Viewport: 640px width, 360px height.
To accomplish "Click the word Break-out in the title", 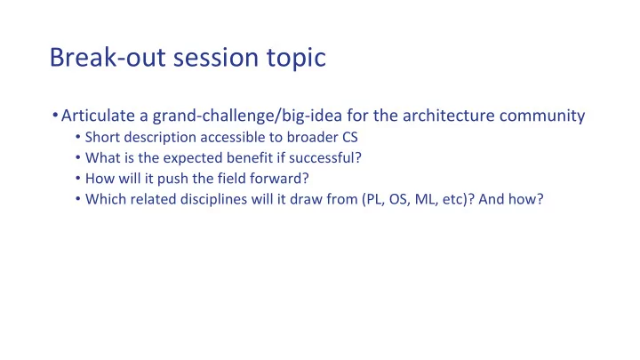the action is click(108, 57).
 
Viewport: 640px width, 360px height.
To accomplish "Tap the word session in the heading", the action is click(216, 57).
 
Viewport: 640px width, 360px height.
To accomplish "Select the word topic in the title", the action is click(296, 59).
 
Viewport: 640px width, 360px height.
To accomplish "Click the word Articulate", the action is click(98, 116).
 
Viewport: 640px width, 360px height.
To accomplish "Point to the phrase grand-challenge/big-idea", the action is click(247, 116).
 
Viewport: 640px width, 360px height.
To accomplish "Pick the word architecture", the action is click(448, 116).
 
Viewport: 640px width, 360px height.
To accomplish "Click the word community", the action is click(542, 116).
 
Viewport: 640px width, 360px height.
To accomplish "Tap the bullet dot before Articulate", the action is click(55, 115).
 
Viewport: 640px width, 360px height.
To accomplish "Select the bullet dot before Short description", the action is click(78, 137).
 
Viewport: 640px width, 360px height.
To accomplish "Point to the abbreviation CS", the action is click(350, 137).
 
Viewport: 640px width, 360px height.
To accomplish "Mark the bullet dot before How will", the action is click(78, 179).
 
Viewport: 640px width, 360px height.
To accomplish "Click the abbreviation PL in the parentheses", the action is click(373, 199).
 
